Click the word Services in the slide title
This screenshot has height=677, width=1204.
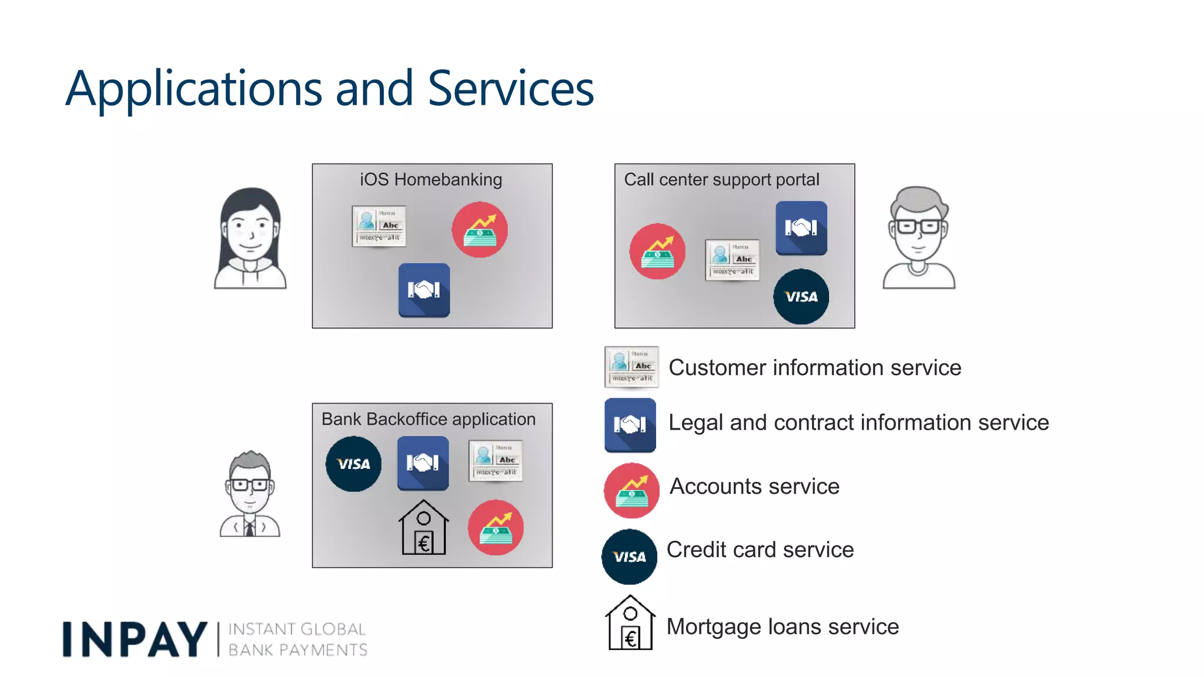[510, 88]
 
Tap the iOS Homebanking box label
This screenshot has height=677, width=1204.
[431, 179]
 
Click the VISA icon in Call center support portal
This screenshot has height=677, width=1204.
[801, 297]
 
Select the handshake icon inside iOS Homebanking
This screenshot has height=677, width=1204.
[424, 290]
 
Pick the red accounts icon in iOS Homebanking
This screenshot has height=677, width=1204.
[480, 230]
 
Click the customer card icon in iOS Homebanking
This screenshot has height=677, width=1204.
[379, 226]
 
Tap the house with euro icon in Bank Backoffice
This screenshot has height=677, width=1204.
[423, 527]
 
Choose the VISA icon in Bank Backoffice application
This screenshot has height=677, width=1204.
[353, 464]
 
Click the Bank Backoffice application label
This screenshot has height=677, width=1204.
[429, 419]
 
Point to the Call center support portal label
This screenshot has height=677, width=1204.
[721, 179]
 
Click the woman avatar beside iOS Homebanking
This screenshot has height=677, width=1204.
[250, 238]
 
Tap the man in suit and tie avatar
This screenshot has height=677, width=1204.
[250, 495]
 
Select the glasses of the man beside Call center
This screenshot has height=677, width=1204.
[918, 226]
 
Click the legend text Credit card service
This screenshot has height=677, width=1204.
[760, 549]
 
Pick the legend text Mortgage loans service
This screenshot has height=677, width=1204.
[782, 626]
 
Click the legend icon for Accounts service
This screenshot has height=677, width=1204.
[631, 490]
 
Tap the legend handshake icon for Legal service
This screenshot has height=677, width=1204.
[630, 425]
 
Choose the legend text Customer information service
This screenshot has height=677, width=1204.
[815, 367]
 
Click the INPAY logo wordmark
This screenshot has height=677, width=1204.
[135, 639]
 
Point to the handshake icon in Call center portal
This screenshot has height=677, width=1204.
[801, 228]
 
